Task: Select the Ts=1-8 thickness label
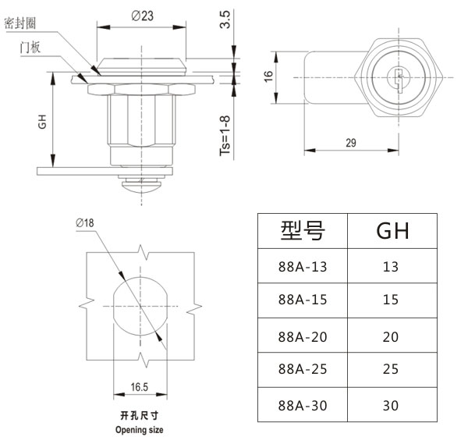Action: point(225,136)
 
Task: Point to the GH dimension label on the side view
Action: point(44,123)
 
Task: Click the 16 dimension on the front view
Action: point(268,76)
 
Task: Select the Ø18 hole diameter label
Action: point(85,223)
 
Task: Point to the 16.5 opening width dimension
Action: point(140,385)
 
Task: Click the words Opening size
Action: point(140,429)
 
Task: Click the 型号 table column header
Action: point(302,230)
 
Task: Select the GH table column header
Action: point(392,230)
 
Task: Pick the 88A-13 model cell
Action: point(302,266)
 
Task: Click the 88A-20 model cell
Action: point(302,336)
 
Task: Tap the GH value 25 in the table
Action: point(391,371)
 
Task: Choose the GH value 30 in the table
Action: point(391,406)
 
